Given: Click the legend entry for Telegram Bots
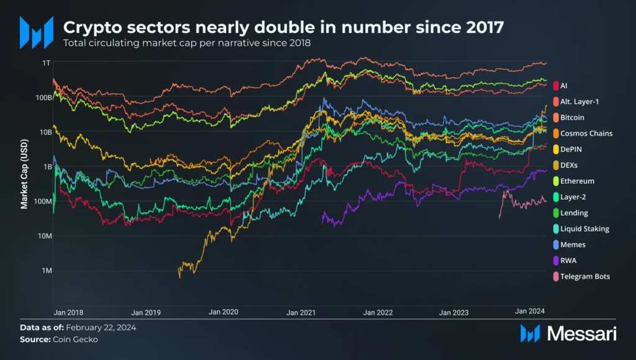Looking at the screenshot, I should coord(584,276).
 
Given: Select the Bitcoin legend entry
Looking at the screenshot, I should coord(572,117).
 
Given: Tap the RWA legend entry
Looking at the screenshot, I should coord(568,261).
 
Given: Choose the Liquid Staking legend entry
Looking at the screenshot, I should coord(584,228).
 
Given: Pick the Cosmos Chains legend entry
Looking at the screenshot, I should coord(586,133).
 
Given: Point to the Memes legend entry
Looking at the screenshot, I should coord(573,245).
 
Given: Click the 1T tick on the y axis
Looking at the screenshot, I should coord(46,63).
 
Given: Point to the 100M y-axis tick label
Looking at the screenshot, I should coord(40,201).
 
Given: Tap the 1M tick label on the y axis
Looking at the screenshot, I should coord(45,271).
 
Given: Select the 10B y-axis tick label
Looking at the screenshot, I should coord(43,132).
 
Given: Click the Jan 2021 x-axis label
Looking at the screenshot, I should coord(301,312).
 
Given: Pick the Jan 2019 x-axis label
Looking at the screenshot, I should coord(147,312).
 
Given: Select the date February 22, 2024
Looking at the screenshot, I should coord(101,327).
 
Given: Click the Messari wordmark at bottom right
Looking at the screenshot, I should coord(581,334).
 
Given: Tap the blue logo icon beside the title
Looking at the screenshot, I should coord(36,32).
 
